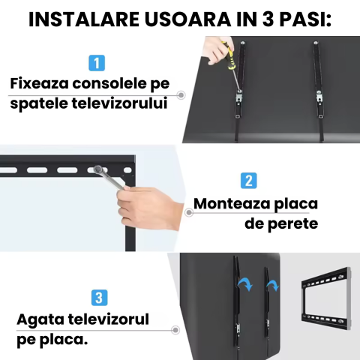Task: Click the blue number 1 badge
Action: point(97,63)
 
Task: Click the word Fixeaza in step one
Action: point(43,83)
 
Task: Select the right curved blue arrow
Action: point(274,285)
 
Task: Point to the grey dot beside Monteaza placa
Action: point(188,212)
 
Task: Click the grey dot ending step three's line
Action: point(175,328)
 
